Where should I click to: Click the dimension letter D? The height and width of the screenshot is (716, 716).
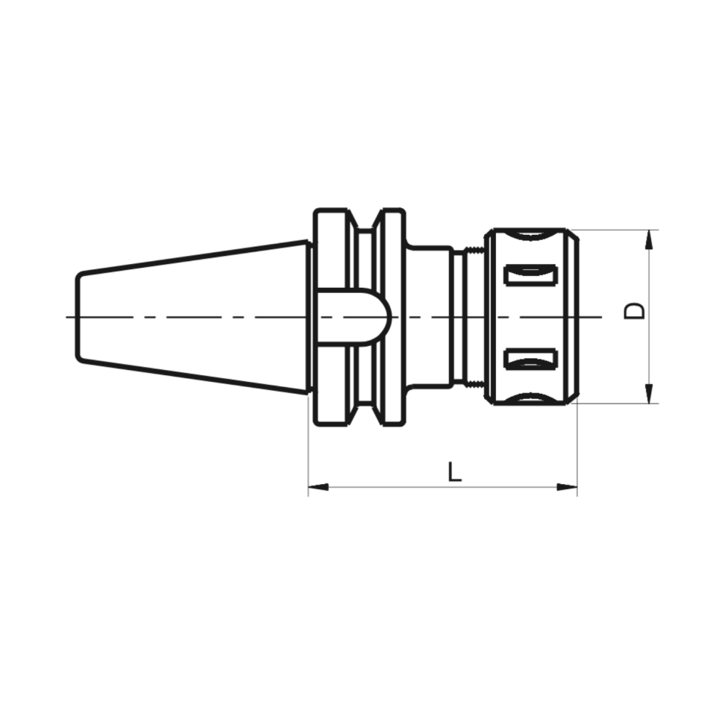click(634, 311)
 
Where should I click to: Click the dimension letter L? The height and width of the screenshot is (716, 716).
click(454, 471)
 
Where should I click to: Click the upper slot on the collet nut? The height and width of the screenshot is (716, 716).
click(530, 274)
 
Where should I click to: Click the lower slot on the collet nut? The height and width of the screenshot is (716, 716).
click(530, 359)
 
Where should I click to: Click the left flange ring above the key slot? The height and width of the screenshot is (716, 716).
click(330, 250)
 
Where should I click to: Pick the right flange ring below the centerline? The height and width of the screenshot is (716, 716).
click(392, 380)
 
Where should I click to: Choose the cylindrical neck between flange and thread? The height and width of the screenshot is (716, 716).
click(429, 316)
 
